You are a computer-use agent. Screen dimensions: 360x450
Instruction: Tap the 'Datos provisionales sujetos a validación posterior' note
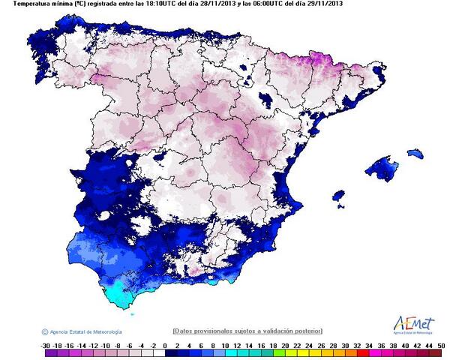pos(247,330)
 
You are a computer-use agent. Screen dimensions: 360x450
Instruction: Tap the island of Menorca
pos(414,154)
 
